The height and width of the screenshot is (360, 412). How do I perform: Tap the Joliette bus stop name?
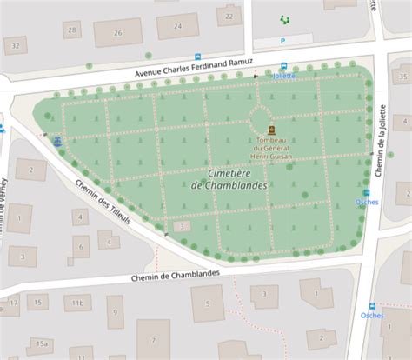pos(283,76)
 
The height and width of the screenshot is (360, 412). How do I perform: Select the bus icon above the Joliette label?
pos(284,66)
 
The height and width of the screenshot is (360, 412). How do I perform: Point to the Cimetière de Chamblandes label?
pos(229,178)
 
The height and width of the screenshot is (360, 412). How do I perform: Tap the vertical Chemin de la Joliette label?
pos(379,139)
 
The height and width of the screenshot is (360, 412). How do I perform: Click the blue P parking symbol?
pos(282,41)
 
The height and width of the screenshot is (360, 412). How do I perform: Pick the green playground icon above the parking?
pos(284,18)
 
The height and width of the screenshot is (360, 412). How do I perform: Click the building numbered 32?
pos(15,45)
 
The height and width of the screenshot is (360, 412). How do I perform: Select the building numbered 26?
pos(118,33)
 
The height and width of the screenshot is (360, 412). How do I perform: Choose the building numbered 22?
pos(229,16)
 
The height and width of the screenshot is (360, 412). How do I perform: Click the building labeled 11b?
pos(77,303)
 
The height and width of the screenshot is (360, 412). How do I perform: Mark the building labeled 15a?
pos(41,344)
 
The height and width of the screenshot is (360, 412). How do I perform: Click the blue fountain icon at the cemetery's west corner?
pos(57,141)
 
